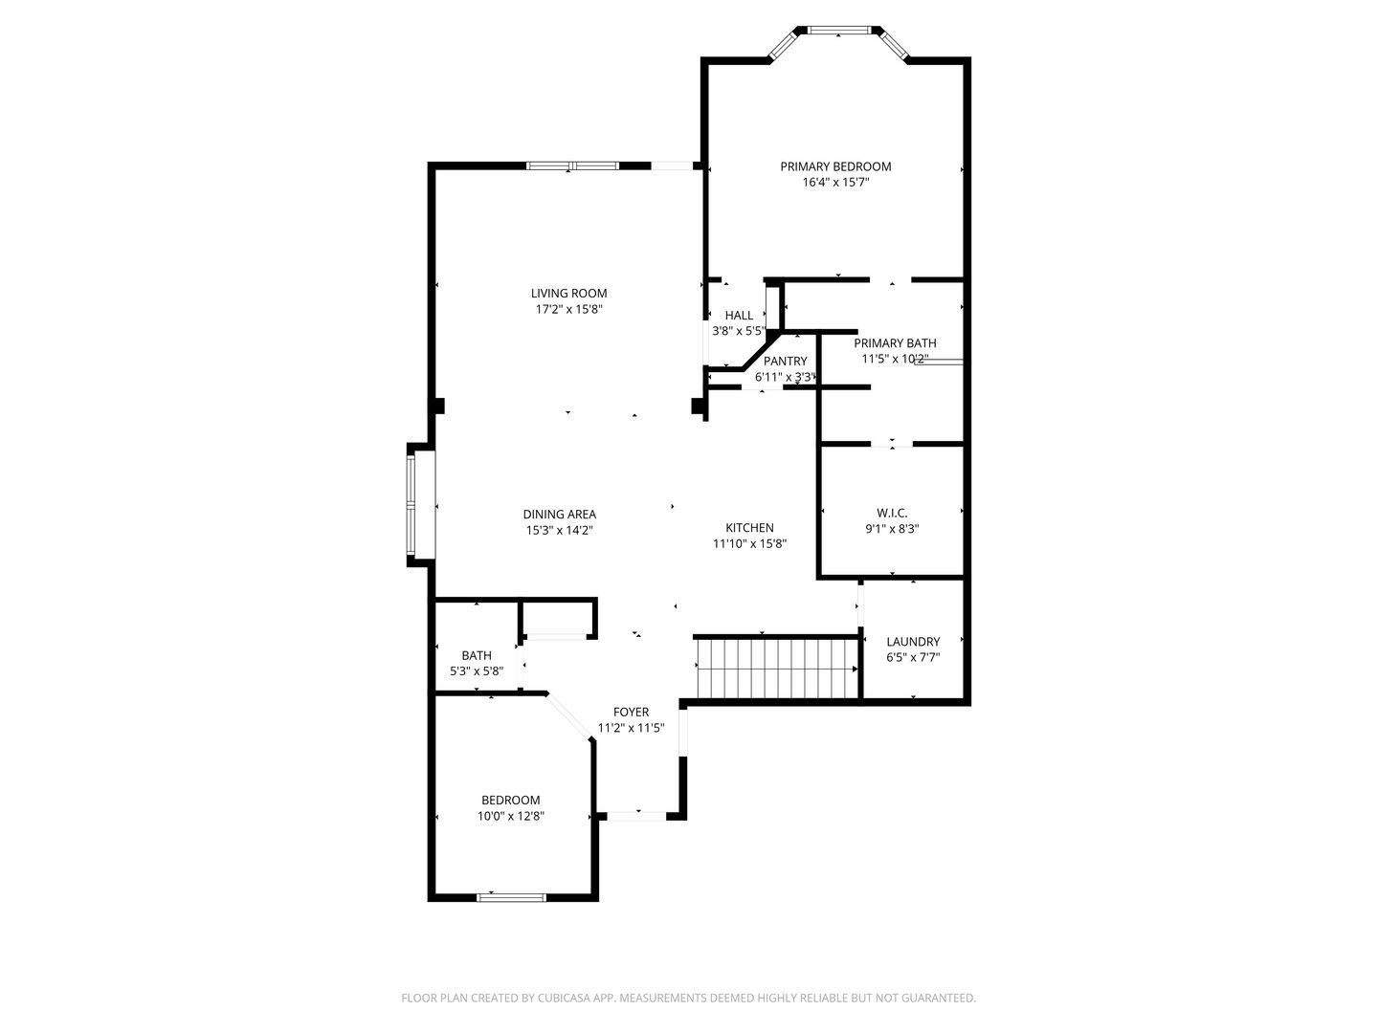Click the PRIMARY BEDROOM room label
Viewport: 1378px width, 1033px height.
(835, 166)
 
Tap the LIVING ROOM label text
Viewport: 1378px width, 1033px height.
(568, 294)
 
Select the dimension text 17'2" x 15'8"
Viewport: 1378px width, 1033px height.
(568, 309)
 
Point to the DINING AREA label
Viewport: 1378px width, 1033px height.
(560, 515)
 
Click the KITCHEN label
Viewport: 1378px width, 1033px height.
(749, 528)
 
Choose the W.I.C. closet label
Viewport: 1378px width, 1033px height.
(892, 513)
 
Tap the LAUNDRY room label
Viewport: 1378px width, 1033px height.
(913, 642)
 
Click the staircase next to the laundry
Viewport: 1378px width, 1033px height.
(777, 668)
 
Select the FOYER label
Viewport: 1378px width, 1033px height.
(631, 712)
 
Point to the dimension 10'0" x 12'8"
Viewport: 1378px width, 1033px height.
(510, 816)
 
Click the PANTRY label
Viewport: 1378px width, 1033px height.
(785, 362)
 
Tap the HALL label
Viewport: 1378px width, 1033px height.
(739, 316)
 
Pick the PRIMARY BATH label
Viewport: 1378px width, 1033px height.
(895, 343)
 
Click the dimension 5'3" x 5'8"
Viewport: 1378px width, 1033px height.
(477, 671)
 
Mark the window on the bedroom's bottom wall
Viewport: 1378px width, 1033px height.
(512, 897)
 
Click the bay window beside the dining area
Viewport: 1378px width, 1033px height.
(411, 505)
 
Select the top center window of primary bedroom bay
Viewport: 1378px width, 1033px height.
(839, 30)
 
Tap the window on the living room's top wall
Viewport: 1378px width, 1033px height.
(572, 166)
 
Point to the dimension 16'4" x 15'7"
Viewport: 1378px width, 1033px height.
(835, 183)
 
